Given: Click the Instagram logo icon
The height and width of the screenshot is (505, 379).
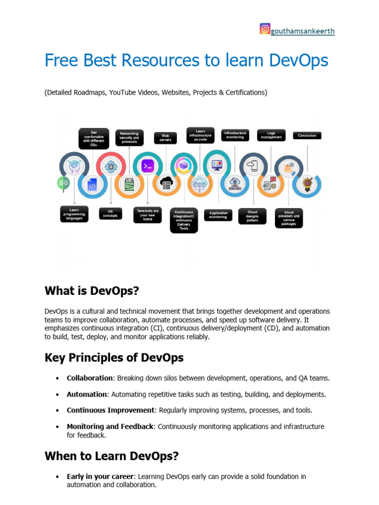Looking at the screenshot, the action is point(265,29).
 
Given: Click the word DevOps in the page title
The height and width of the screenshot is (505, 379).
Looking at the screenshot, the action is point(299,61).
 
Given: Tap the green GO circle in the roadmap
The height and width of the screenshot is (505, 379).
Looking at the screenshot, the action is point(63,182).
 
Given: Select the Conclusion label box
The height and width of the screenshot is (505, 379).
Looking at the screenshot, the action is point(307,135).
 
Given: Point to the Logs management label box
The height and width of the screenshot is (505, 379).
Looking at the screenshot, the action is point(271,135).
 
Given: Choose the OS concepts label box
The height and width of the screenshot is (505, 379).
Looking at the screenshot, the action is point(110,214).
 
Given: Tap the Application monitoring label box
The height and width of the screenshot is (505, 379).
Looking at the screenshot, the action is point(218,215).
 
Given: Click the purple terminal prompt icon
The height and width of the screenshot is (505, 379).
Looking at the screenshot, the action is point(147,167).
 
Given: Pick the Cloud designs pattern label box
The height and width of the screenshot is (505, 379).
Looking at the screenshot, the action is point(252,216).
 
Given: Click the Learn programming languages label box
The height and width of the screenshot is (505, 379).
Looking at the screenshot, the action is point(75,214).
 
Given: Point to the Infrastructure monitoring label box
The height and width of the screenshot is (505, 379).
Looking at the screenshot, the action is point(234,135).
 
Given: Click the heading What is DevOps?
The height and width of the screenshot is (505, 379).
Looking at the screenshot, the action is point(92,291).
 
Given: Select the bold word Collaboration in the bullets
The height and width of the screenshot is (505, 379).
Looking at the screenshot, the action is point(90,378).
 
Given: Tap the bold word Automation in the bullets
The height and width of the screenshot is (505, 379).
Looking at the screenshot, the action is point(87,395).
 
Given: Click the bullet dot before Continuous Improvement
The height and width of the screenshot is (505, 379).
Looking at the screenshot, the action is point(57,410).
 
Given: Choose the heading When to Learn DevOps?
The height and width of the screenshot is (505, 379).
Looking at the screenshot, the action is point(112,456).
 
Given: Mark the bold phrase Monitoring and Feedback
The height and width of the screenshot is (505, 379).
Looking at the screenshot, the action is point(110,427).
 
